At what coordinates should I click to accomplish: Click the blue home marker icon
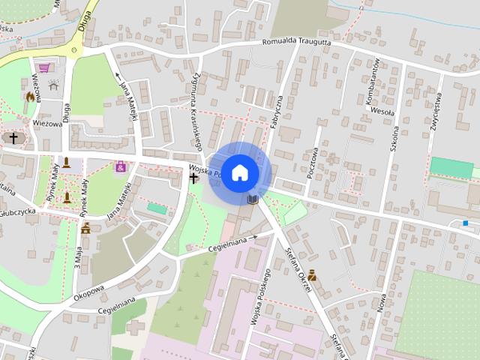[x=239, y=172]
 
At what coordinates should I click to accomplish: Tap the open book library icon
[x=253, y=199]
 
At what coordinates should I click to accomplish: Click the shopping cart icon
[x=49, y=68]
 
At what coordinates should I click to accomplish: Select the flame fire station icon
[x=30, y=96]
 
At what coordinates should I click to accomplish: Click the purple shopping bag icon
[x=120, y=167]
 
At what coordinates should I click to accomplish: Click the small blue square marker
[x=466, y=223]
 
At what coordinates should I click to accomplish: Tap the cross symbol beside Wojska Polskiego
[x=193, y=178]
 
